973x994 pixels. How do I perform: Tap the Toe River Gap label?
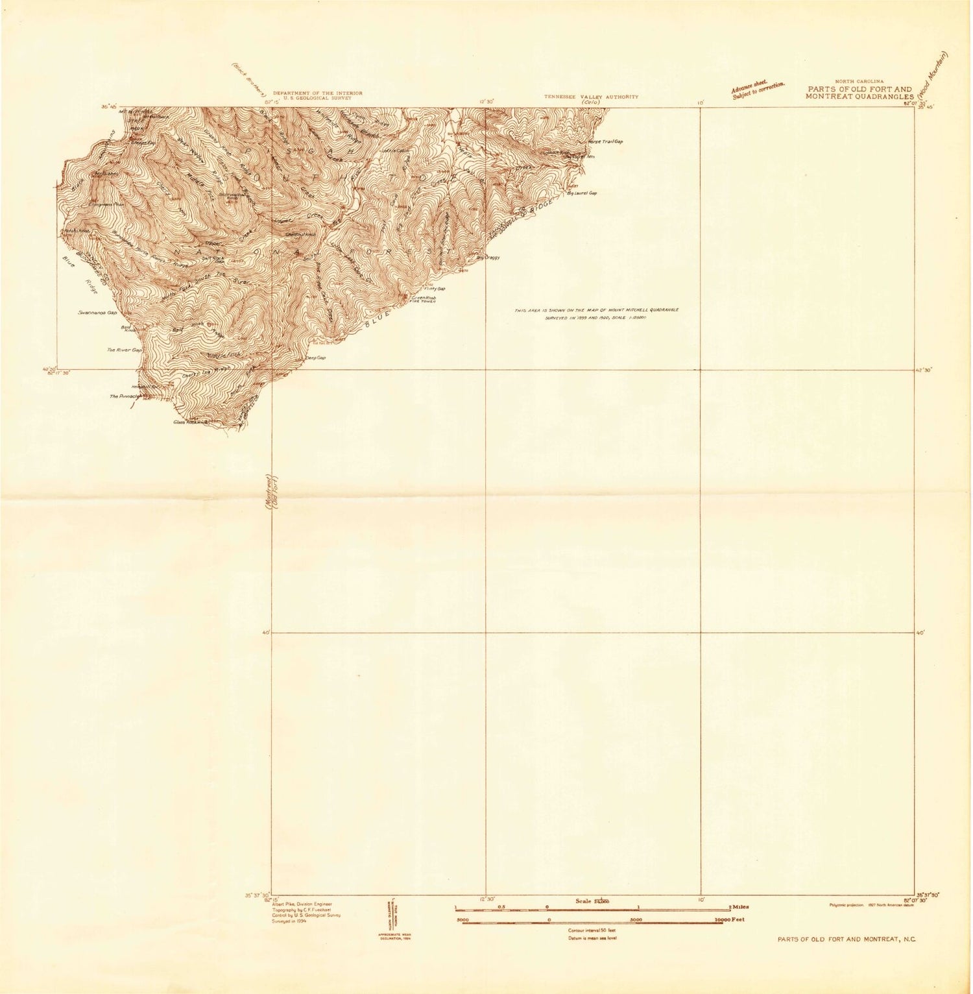125,350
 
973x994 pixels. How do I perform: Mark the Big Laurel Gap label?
582,193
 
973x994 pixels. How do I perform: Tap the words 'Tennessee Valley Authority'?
591,97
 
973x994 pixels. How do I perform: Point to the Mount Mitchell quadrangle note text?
596,314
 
